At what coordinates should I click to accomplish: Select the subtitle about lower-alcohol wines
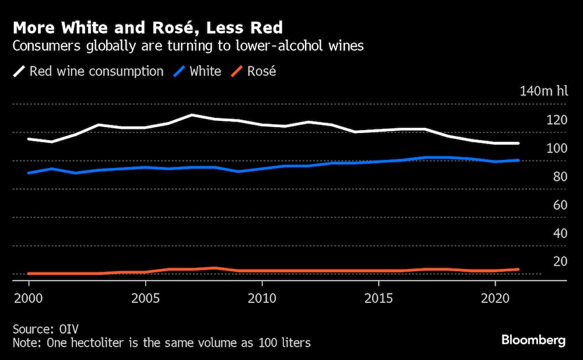click(188, 47)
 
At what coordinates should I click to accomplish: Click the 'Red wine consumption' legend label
click(96, 72)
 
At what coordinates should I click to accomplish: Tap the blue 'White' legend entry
click(205, 72)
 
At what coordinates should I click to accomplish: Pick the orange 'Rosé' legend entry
click(261, 72)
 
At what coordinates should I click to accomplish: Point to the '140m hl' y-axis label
click(543, 91)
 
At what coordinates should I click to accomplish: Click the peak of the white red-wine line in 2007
click(192, 115)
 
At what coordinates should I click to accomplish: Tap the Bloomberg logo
click(533, 341)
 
